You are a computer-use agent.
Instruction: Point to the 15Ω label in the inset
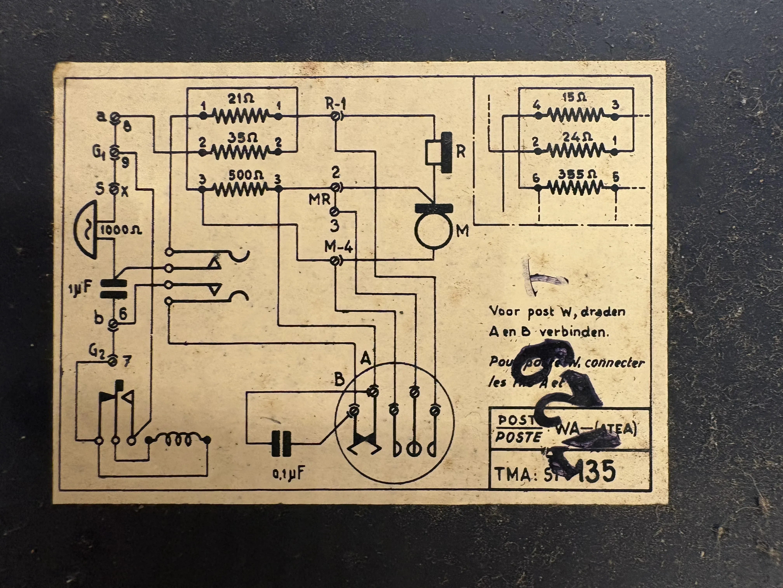coord(574,97)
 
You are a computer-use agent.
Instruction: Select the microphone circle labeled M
coord(433,230)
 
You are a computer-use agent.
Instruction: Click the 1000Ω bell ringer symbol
coord(87,229)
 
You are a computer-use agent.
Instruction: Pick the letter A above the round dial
coord(366,359)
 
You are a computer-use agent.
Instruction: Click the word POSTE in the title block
coord(518,437)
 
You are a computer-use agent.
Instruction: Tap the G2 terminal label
coord(96,351)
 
